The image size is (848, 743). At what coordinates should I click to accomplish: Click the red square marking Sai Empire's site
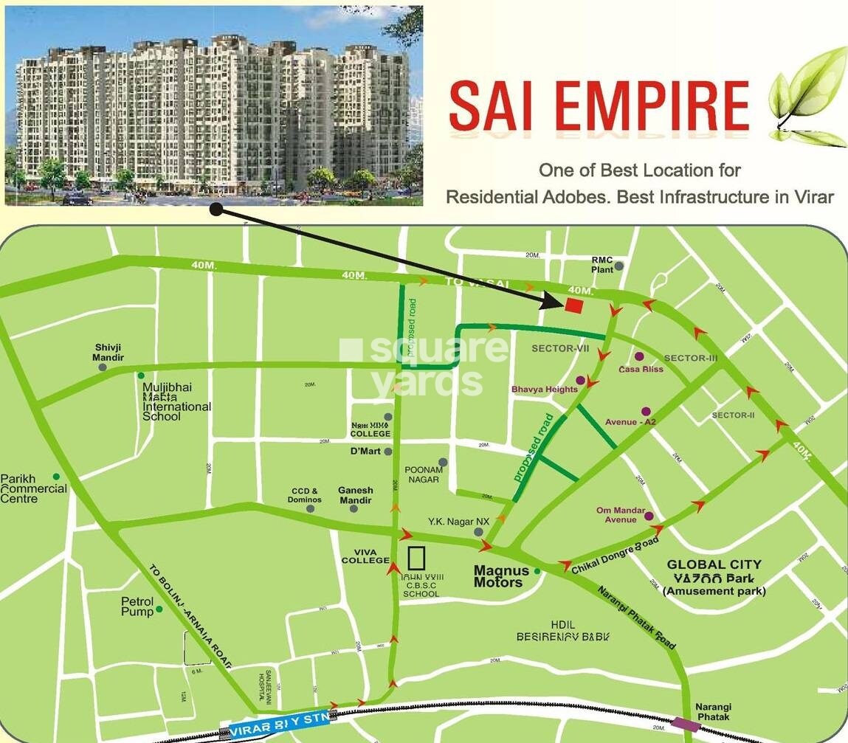click(574, 305)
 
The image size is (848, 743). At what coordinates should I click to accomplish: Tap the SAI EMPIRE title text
click(599, 106)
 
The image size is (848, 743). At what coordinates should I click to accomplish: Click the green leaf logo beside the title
click(807, 96)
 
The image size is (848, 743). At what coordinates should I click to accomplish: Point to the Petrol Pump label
click(137, 607)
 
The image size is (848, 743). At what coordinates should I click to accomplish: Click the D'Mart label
click(365, 451)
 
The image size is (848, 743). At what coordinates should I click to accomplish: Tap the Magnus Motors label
click(501, 576)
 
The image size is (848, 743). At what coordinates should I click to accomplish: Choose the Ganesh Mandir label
click(356, 495)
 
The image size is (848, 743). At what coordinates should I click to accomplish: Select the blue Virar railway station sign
click(281, 728)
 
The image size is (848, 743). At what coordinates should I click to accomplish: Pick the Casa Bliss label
click(640, 368)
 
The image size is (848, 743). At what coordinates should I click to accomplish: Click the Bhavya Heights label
click(545, 389)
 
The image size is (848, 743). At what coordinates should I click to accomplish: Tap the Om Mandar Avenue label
click(621, 515)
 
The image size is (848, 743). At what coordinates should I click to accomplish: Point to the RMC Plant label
click(602, 264)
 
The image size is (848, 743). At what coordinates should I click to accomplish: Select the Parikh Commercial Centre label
click(34, 488)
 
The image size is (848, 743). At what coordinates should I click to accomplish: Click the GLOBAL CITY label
click(714, 564)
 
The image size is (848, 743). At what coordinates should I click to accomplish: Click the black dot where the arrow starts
click(216, 210)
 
